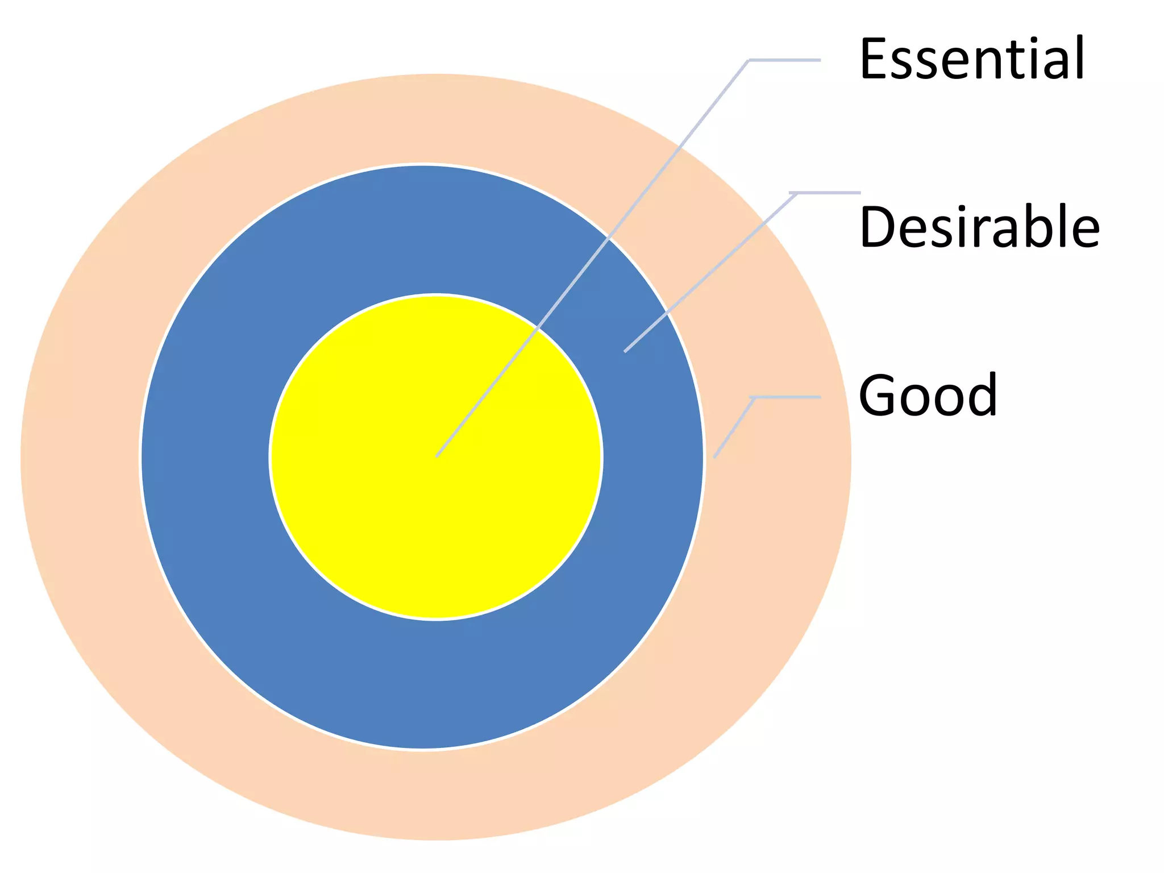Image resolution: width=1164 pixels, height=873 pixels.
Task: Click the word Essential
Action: [x=972, y=58]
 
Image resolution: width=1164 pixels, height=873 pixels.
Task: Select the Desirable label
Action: [x=979, y=227]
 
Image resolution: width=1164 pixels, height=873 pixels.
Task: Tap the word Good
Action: [x=928, y=395]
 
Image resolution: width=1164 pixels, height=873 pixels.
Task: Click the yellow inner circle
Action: [x=398, y=512]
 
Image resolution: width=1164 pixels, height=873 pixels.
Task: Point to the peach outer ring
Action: [x=80, y=455]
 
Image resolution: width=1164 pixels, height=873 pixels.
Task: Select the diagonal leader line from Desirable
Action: [x=710, y=273]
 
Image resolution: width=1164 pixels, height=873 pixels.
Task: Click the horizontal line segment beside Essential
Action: [x=784, y=60]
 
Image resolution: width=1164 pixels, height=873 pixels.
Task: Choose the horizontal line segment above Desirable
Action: [x=827, y=193]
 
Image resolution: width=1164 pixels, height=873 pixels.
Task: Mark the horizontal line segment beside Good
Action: [x=787, y=397]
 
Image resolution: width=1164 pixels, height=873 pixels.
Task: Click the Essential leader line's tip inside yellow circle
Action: [x=437, y=455]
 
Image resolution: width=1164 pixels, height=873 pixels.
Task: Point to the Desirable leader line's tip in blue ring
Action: [x=626, y=351]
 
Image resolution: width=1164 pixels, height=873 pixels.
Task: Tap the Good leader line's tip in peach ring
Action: [x=715, y=456]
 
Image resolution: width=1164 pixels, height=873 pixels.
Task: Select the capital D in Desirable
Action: [x=880, y=227]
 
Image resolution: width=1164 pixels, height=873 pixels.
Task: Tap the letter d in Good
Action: [x=981, y=394]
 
